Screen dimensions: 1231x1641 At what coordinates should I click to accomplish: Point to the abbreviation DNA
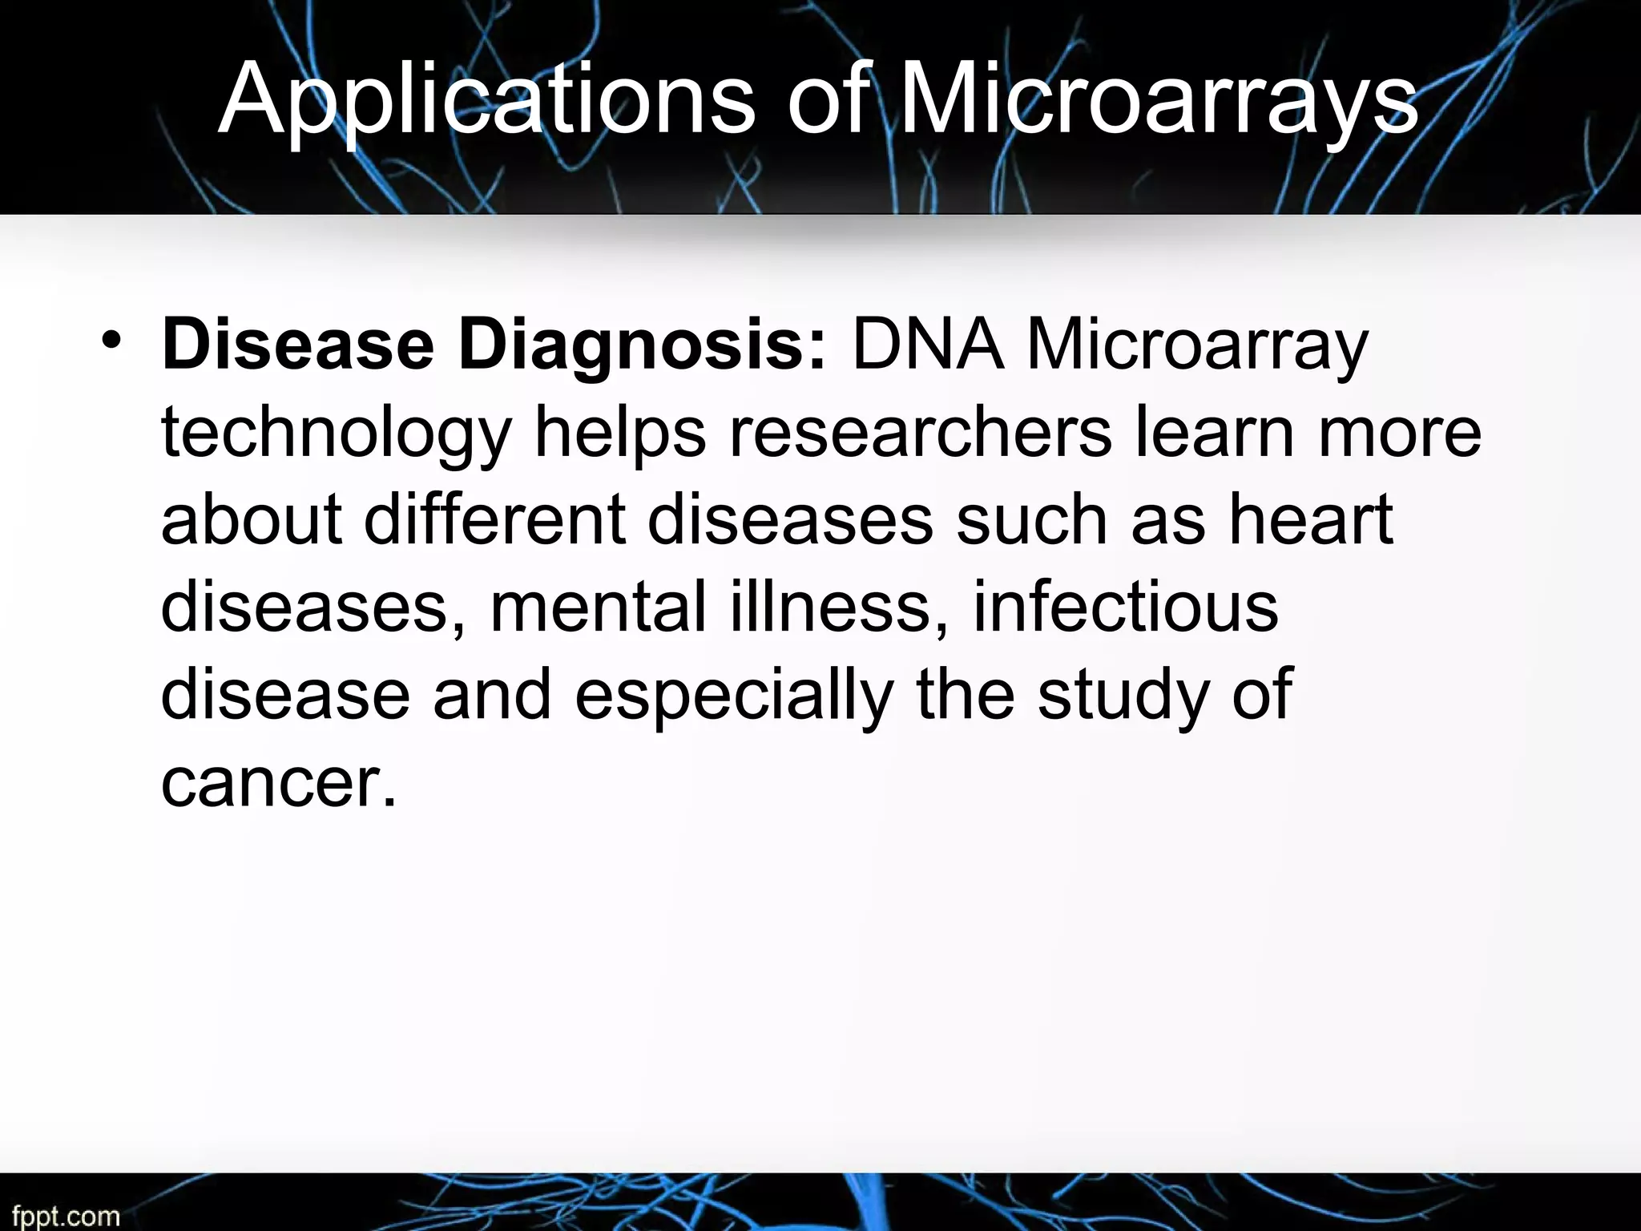[927, 345]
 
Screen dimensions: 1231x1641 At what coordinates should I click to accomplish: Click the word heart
[1312, 519]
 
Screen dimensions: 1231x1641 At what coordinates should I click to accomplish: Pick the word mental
[598, 606]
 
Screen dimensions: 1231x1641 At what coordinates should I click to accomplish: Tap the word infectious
[1125, 606]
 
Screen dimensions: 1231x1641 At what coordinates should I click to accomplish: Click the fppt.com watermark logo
[65, 1217]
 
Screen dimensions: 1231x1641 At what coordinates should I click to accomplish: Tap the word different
[494, 519]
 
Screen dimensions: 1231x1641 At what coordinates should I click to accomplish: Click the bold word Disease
[297, 345]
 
